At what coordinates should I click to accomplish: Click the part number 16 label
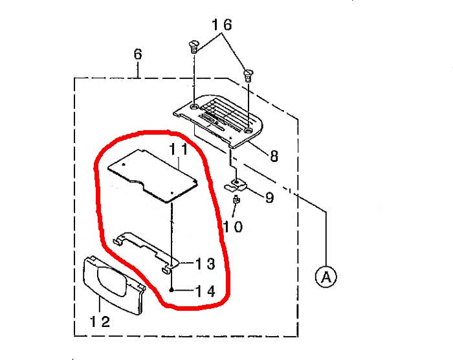coord(222,25)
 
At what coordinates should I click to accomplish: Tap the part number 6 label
coord(138,54)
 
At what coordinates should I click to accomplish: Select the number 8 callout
coord(274,156)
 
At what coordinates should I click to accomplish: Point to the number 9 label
coord(269,197)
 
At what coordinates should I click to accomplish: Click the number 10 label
coord(233,227)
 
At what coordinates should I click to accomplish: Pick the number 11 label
coord(178,149)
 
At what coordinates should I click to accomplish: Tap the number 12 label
coord(100,322)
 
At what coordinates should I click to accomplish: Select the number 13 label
coord(205,264)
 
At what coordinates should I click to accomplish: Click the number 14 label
coord(205,291)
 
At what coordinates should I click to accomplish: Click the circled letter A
coord(326,276)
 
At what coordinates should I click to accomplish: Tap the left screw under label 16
coord(194,47)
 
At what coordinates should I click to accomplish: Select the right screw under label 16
coord(248,76)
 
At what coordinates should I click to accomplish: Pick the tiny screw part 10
coord(237,199)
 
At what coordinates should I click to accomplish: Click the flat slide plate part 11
coord(153,176)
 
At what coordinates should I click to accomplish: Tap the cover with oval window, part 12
coord(114,285)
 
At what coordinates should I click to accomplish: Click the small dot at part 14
coord(171,290)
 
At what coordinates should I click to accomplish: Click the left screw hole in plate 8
coord(195,107)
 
